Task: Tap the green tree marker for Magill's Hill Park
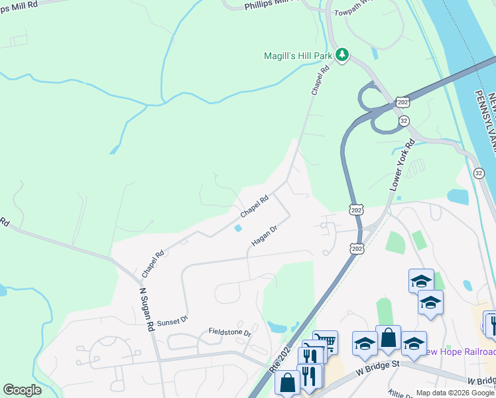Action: point(341,54)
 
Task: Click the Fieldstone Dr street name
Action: point(230,332)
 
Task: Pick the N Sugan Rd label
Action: point(147,308)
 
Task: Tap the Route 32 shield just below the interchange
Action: point(404,121)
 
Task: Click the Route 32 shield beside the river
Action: point(479,173)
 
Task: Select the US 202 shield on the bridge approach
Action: point(402,102)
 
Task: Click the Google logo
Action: point(22,390)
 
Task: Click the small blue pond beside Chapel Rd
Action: point(237,229)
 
